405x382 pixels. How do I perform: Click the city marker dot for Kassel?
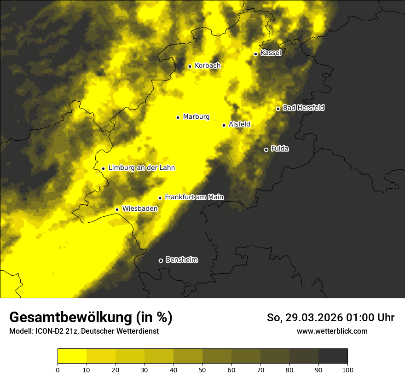tap(255, 54)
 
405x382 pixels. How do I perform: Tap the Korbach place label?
tap(208, 66)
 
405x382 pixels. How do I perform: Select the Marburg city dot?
tap(178, 117)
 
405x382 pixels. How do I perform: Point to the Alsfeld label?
tap(239, 124)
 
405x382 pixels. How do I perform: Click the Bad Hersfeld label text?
tap(303, 108)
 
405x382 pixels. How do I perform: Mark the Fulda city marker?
tap(266, 150)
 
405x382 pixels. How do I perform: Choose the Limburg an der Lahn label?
tap(141, 168)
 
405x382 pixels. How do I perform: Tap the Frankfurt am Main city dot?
tap(160, 198)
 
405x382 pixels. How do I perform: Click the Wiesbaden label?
tap(140, 208)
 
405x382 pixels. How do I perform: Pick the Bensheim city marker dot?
tap(161, 260)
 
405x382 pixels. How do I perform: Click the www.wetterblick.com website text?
tap(332, 331)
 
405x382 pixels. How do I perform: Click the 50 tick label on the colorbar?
tap(202, 369)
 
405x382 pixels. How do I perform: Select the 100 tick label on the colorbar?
tap(347, 369)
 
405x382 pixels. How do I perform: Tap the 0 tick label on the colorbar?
tap(58, 369)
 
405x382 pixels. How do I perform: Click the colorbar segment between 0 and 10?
tap(72, 356)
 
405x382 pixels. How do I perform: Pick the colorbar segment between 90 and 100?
tap(333, 356)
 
